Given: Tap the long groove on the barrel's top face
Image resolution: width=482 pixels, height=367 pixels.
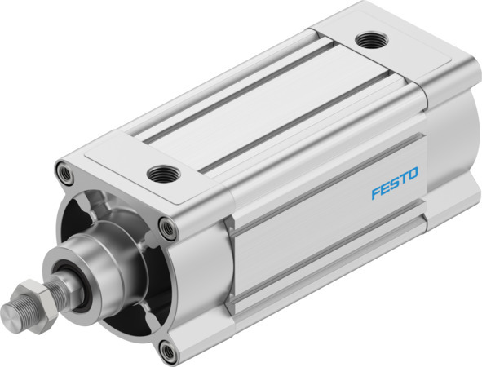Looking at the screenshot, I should [261, 114].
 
